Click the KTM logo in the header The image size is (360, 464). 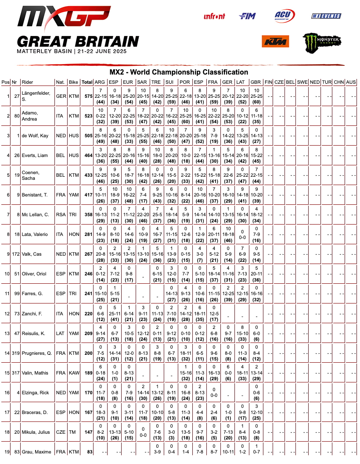click(x=275, y=42)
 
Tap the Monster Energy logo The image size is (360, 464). click(x=322, y=42)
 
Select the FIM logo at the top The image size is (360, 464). click(x=247, y=16)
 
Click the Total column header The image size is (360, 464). click(x=87, y=82)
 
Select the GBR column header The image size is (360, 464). click(x=256, y=82)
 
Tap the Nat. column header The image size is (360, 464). click(x=60, y=82)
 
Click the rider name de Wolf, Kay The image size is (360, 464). click(x=35, y=136)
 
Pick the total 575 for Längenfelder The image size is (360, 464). click(x=87, y=96)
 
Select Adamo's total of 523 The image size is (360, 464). click(x=87, y=116)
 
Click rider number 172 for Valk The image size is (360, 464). click(x=16, y=254)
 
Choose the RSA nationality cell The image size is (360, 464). click(x=60, y=215)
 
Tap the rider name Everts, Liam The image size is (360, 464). click(x=36, y=155)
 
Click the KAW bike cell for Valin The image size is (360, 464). click(x=73, y=373)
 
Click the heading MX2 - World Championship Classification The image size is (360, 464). click(x=179, y=72)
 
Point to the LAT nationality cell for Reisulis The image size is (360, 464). click(x=60, y=333)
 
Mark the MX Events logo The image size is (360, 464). click(x=326, y=16)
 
